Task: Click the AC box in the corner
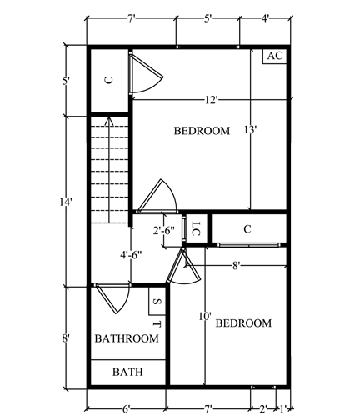[x=275, y=57]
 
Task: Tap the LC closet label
[x=196, y=228]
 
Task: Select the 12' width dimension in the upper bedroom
[x=211, y=100]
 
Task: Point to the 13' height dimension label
[x=251, y=129]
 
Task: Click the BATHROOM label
[x=127, y=338]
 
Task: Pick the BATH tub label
[x=127, y=372]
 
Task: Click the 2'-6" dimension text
[x=164, y=230]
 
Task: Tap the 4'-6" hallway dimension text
[x=131, y=255]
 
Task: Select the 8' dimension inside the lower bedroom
[x=236, y=266]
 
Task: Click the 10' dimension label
[x=205, y=316]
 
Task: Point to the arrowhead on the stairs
[x=109, y=120]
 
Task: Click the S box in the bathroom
[x=157, y=301]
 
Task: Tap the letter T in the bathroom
[x=157, y=324]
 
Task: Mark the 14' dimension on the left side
[x=66, y=202]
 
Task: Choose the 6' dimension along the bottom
[x=126, y=408]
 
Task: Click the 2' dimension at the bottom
[x=263, y=408]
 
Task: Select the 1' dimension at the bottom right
[x=283, y=408]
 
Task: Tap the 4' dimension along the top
[x=265, y=19]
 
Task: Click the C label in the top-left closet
[x=109, y=80]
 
